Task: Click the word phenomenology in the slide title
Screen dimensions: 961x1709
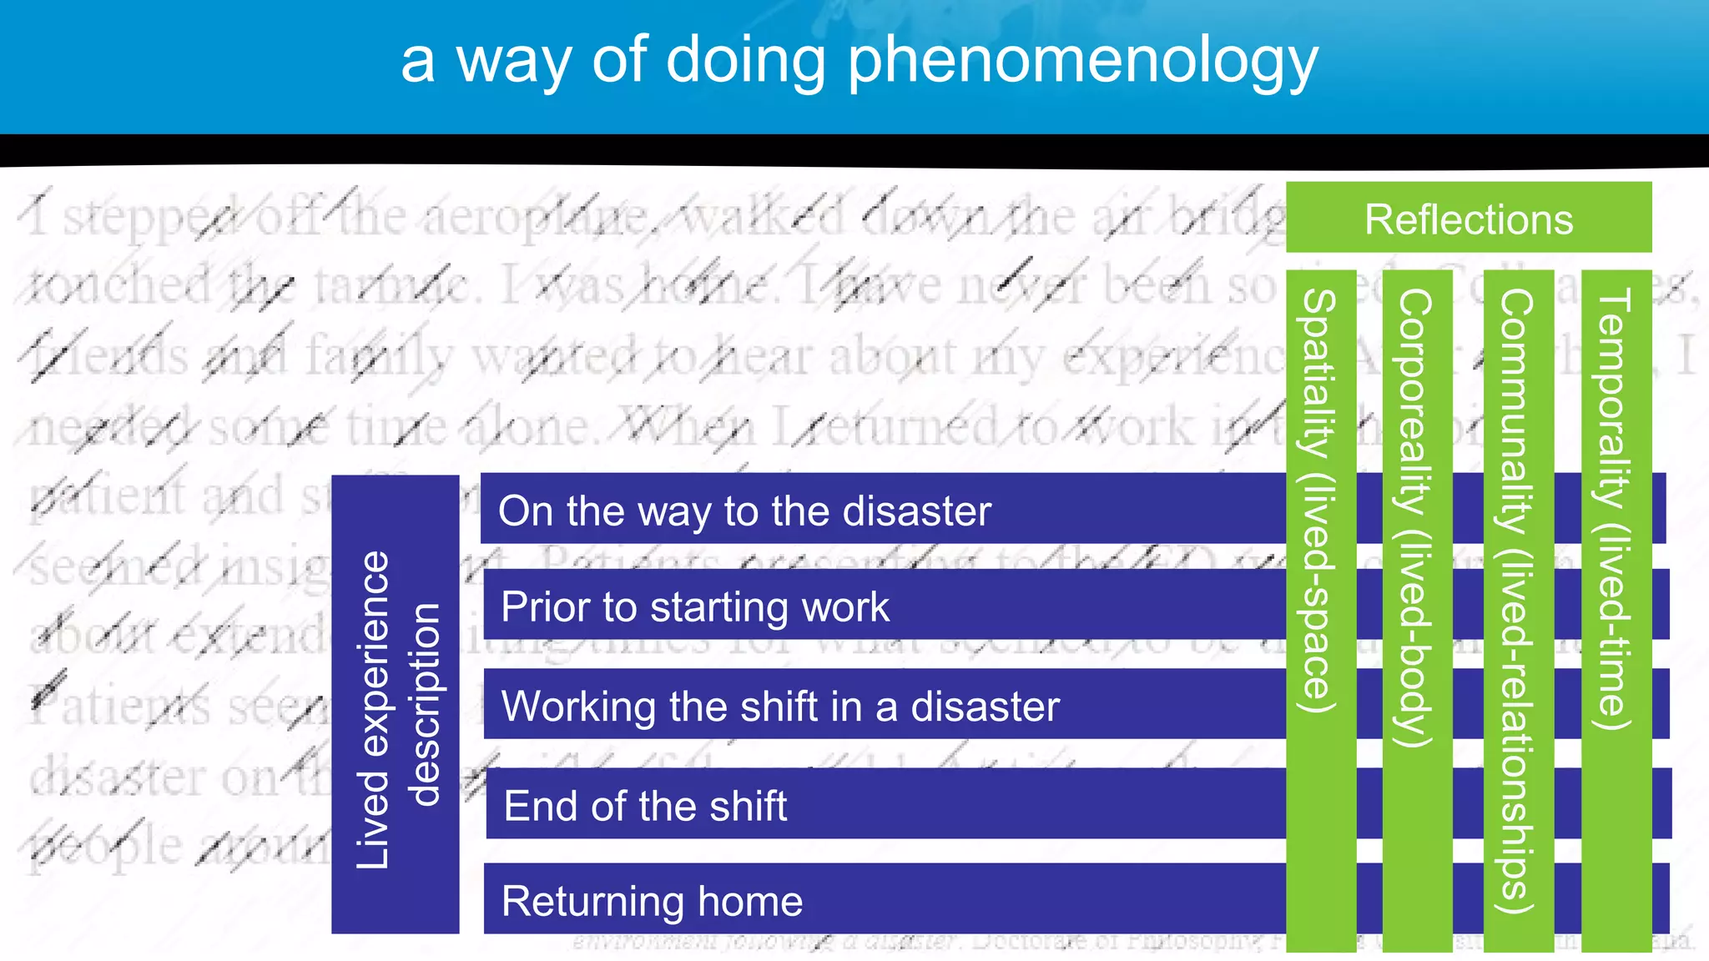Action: click(x=1082, y=62)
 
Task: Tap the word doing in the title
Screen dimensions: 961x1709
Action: click(x=745, y=60)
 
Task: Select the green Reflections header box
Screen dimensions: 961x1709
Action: click(x=1469, y=219)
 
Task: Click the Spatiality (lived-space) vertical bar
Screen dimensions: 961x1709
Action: click(x=1320, y=609)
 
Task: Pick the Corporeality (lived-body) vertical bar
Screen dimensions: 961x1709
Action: click(x=1416, y=609)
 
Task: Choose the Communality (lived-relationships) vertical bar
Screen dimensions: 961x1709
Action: click(x=1518, y=609)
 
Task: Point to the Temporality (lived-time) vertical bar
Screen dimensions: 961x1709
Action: click(x=1616, y=609)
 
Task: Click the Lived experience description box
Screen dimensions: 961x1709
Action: click(x=395, y=705)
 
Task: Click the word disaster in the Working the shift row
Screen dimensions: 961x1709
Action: click(x=985, y=707)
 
